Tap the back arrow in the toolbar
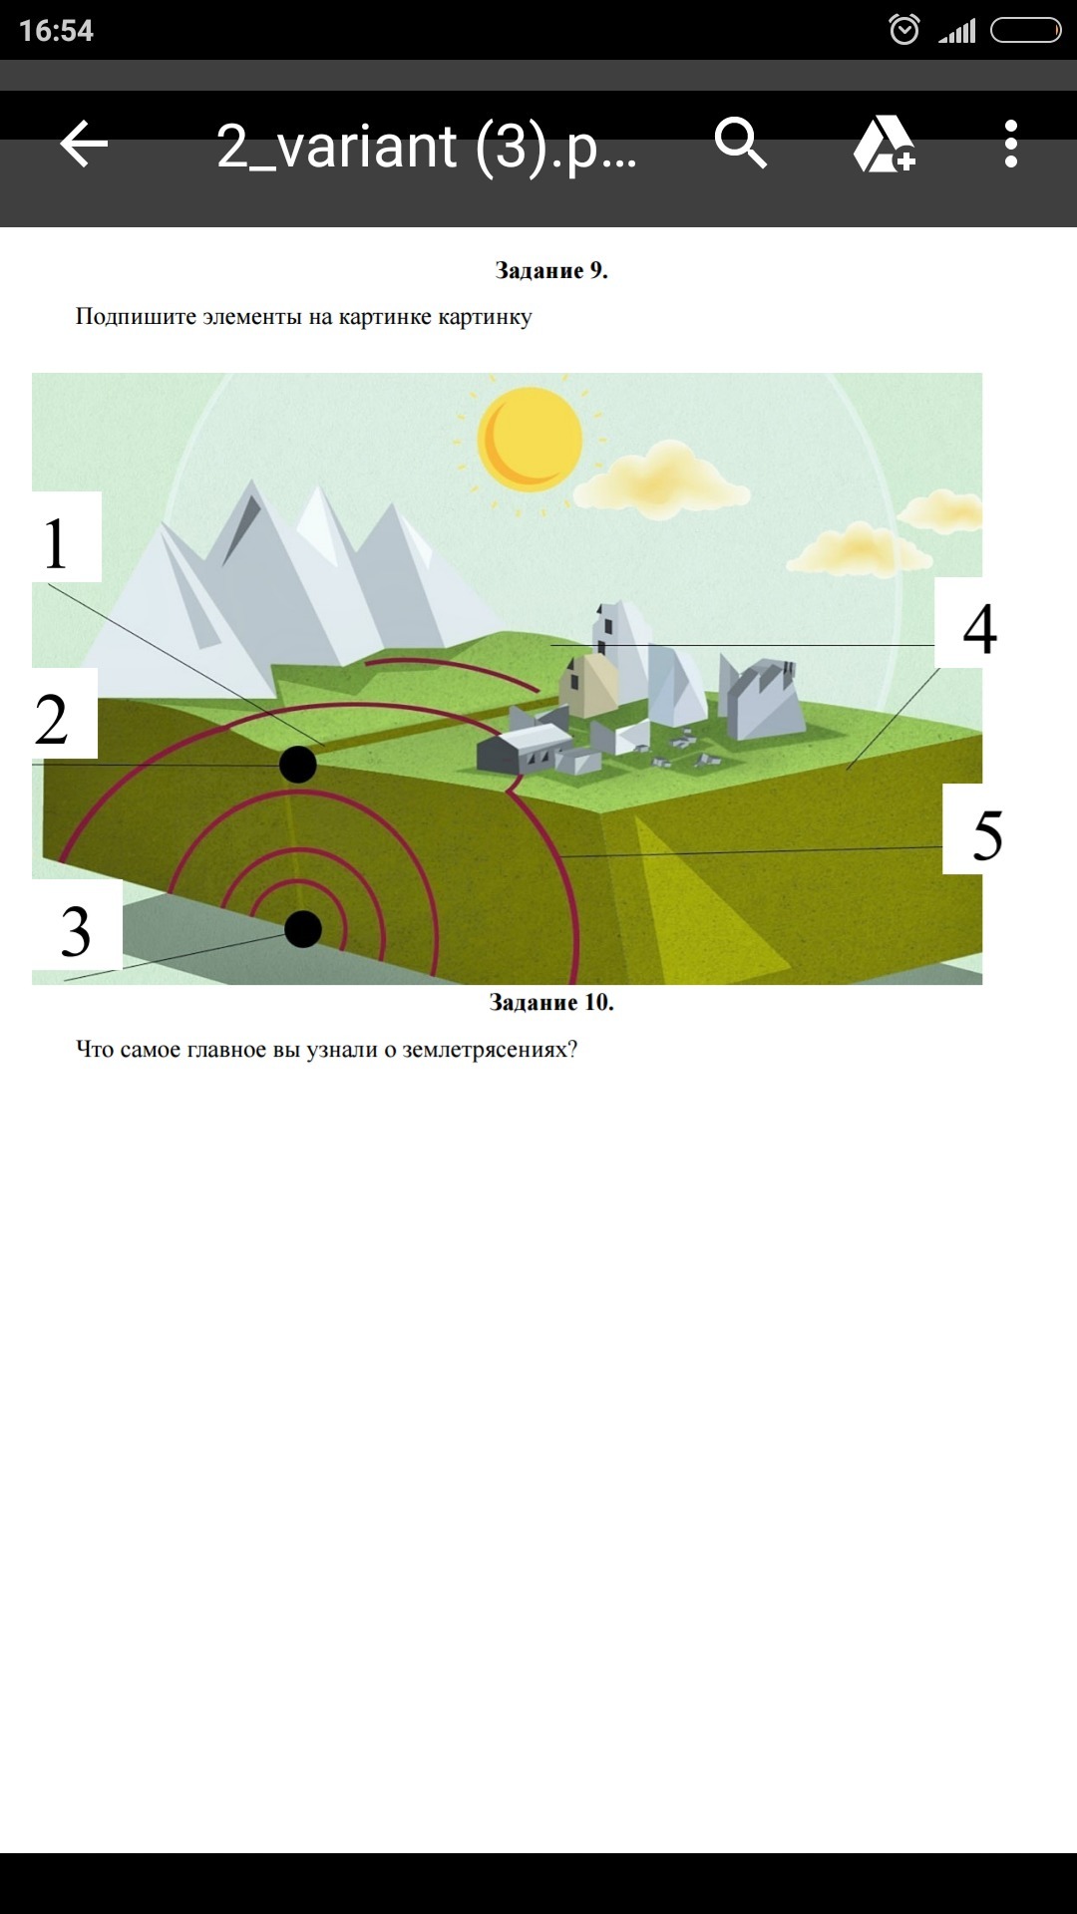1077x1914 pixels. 84,145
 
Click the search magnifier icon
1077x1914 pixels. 741,144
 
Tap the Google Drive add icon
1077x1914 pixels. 884,145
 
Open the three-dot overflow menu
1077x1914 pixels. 1011,145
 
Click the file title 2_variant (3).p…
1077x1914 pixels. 427,147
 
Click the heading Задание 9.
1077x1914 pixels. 551,270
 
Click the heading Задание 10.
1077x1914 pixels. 551,1002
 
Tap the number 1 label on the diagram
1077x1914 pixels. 56,544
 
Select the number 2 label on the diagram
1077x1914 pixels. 52,719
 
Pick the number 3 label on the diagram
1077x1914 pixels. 76,932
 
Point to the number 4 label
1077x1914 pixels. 979,629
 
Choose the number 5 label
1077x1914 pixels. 987,835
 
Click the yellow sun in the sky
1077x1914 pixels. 530,439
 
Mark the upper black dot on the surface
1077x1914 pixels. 298,765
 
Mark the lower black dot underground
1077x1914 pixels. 303,929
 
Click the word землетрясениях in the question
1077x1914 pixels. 490,1050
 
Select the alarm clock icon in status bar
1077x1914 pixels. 903,30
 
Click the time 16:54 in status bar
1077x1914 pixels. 56,31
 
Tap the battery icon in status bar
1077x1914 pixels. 1026,31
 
